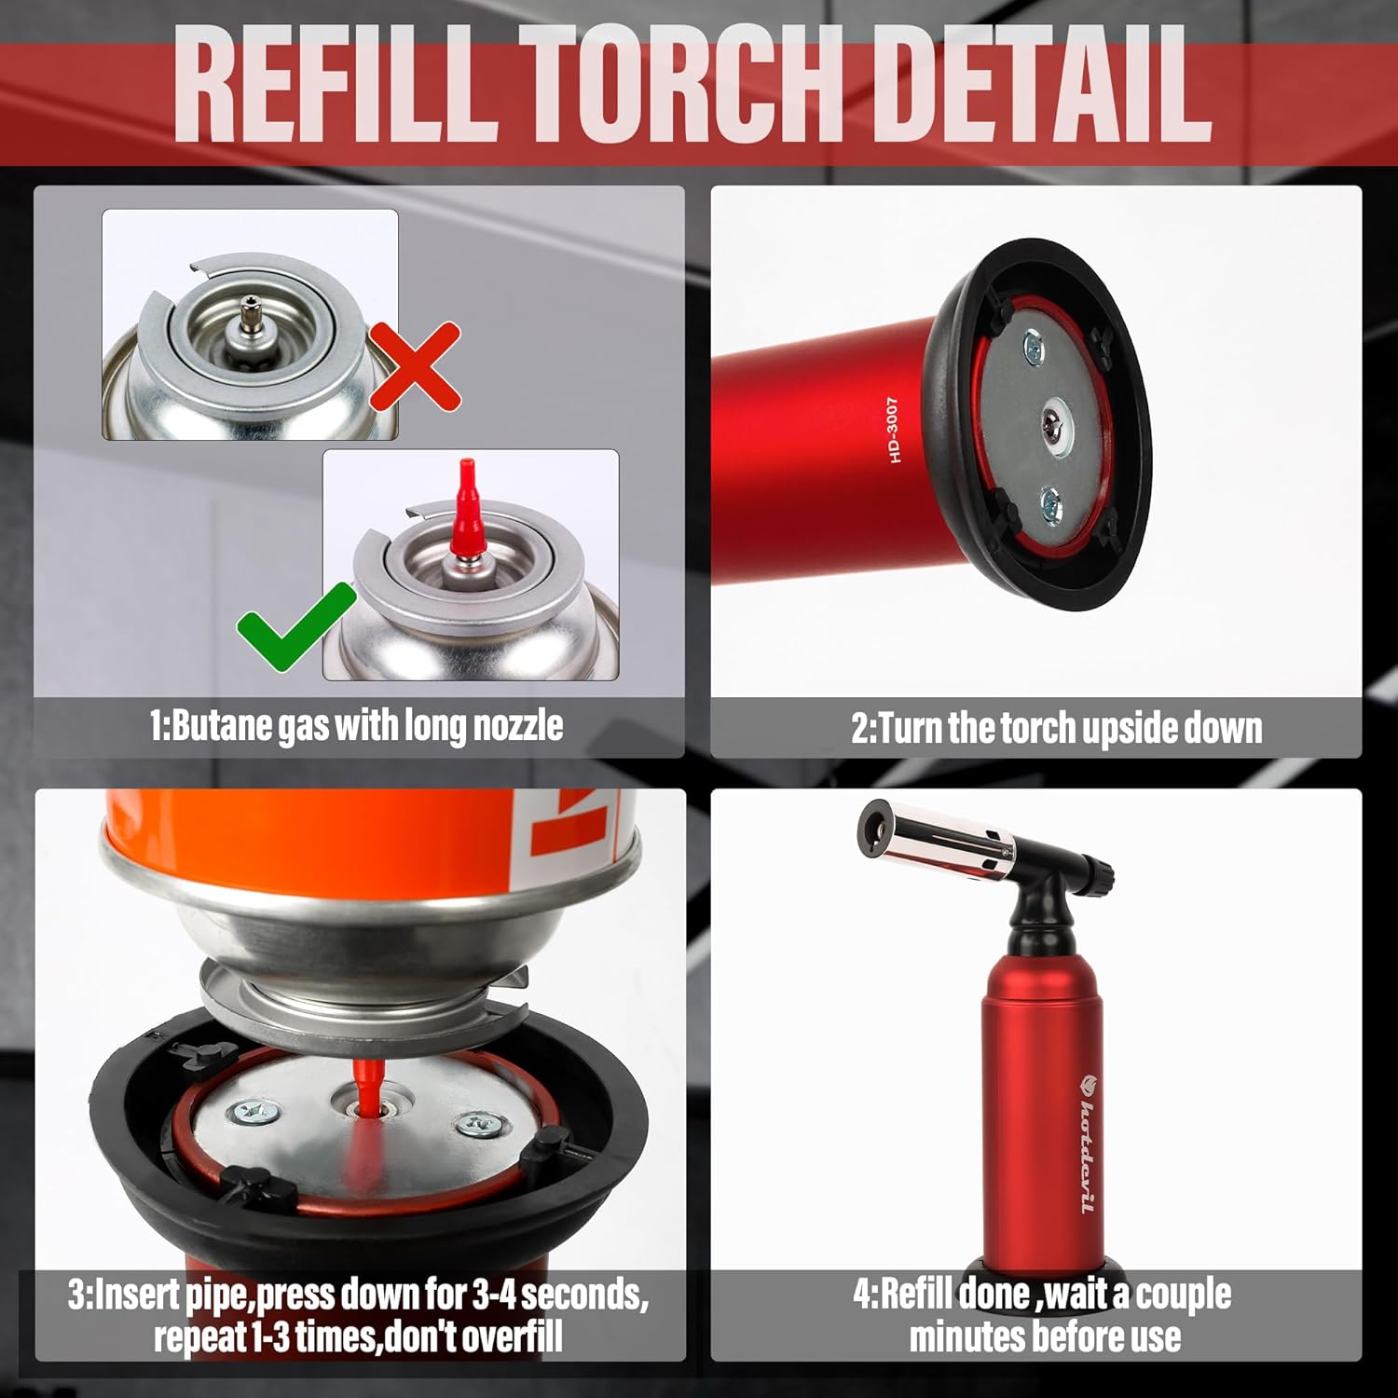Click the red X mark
click(x=415, y=366)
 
